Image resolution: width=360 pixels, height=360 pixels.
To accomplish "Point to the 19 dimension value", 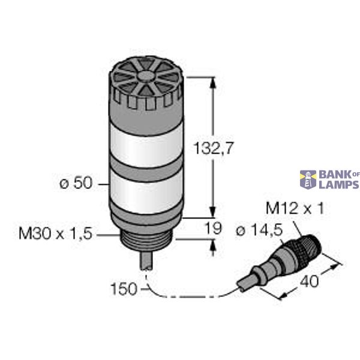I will point(214,228).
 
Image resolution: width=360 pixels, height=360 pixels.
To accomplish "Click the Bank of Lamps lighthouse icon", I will point(308,179).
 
